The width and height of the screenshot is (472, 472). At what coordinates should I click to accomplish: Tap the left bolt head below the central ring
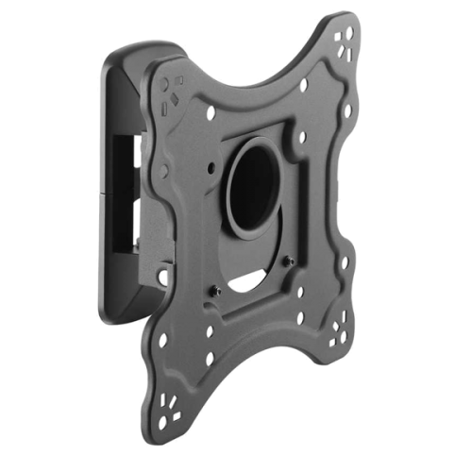pyautogui.click(x=217, y=289)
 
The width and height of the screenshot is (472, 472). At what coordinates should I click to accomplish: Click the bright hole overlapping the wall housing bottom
pyautogui.click(x=162, y=277)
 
